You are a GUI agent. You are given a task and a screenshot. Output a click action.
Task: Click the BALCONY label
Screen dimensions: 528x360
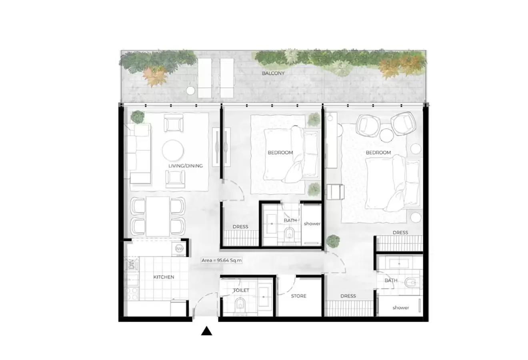coord(273,73)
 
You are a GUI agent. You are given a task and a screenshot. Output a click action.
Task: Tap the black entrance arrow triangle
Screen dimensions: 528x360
coord(206,331)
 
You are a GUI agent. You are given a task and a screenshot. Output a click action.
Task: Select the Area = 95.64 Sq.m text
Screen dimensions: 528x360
coord(222,260)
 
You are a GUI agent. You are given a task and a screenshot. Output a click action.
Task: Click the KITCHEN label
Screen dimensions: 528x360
coord(164,277)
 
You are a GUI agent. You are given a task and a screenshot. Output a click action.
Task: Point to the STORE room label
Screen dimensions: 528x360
coord(299,296)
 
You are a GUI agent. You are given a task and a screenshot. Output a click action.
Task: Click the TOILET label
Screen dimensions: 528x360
coord(241,290)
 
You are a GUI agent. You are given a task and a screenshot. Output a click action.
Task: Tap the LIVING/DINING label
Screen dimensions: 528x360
coord(186,166)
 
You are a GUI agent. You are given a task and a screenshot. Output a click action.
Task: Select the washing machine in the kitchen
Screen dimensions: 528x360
coord(179,248)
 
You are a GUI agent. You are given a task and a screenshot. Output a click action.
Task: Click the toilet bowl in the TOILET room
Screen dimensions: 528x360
coord(240,304)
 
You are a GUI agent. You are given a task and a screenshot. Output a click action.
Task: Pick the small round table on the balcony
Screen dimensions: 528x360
coord(190,91)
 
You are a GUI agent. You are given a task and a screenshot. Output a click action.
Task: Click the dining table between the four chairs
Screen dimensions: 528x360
coord(158,216)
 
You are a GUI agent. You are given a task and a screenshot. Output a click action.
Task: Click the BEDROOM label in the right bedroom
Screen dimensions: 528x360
coord(378,153)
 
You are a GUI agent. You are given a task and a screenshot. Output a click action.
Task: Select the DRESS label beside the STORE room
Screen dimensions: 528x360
coord(348,296)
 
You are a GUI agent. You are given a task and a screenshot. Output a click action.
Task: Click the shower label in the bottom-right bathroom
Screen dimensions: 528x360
coord(401,308)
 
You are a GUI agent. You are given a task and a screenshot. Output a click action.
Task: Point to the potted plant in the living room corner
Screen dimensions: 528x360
coord(137,117)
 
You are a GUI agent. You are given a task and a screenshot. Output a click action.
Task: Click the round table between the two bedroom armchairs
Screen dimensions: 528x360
coord(386,135)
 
